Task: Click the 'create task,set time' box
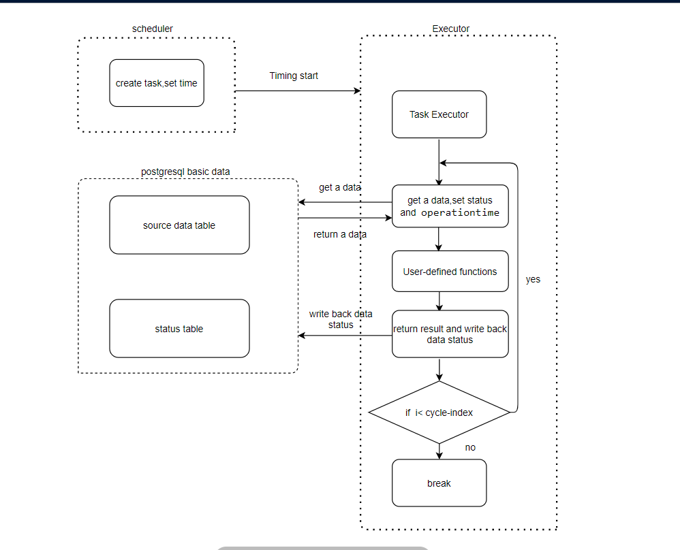click(157, 83)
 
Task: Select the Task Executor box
click(439, 114)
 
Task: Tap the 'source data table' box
click(179, 225)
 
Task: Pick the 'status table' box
click(179, 329)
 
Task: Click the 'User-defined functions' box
click(450, 272)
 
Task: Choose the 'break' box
click(439, 483)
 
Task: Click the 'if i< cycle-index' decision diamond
click(439, 413)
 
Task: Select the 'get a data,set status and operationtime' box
click(450, 206)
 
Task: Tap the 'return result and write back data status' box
click(450, 334)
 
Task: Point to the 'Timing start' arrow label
click(294, 76)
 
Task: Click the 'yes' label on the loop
click(533, 279)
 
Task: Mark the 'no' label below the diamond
click(470, 447)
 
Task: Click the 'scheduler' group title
click(152, 29)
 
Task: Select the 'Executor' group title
click(451, 29)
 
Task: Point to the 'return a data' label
click(339, 234)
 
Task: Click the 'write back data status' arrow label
click(341, 319)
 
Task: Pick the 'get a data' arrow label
click(339, 187)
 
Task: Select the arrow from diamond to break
click(439, 451)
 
